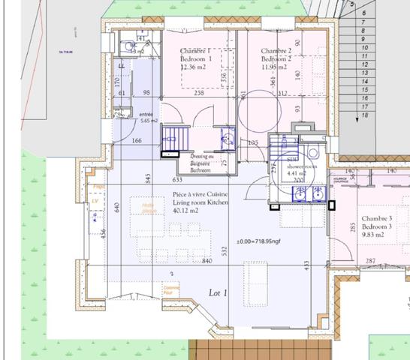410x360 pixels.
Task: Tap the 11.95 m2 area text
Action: [x=275, y=67]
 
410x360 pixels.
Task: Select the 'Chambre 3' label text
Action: [x=375, y=217]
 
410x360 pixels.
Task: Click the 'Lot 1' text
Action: [x=218, y=295]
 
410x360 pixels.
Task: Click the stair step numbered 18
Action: [x=365, y=115]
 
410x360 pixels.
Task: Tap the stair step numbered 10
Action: [x=363, y=46]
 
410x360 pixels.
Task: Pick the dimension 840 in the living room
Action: [x=207, y=261]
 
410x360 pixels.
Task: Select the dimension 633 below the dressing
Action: [x=178, y=180]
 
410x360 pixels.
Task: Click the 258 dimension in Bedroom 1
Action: [x=199, y=93]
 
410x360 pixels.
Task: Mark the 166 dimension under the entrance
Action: [x=137, y=141]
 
